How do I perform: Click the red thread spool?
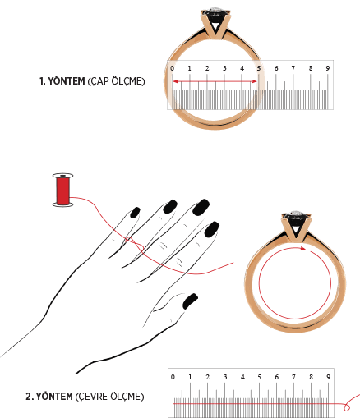(x=62, y=190)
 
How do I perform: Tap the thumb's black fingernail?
(x=190, y=301)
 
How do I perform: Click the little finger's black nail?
(x=135, y=213)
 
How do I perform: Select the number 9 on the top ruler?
(x=328, y=68)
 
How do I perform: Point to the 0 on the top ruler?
(x=172, y=68)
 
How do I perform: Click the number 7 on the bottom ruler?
(x=293, y=377)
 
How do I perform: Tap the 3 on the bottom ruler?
(x=225, y=377)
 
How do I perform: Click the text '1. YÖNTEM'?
(x=62, y=81)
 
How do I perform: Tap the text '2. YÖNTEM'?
(x=49, y=397)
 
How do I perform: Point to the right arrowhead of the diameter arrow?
(x=254, y=81)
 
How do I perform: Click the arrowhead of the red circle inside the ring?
(x=302, y=248)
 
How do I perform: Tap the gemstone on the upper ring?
(x=216, y=11)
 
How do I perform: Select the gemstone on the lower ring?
(x=295, y=214)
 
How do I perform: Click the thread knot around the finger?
(x=134, y=244)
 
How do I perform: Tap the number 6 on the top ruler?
(x=276, y=68)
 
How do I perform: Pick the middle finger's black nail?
(x=201, y=207)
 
